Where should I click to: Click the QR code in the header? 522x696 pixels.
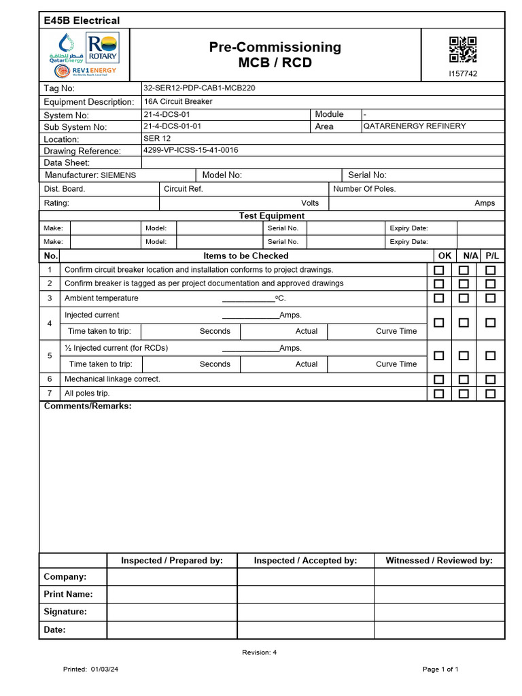click(x=463, y=50)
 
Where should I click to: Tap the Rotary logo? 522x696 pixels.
click(x=104, y=48)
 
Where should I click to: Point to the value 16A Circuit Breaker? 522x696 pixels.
click(x=177, y=101)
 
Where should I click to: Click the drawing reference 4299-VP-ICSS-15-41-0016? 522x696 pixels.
click(x=190, y=150)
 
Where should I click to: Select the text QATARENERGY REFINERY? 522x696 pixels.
click(x=415, y=126)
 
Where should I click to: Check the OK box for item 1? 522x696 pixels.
click(x=439, y=271)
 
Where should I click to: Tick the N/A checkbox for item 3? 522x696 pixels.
click(x=464, y=298)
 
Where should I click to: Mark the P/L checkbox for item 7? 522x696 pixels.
click(x=490, y=394)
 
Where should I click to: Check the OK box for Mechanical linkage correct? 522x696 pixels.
click(x=439, y=379)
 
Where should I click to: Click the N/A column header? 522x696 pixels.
click(x=470, y=256)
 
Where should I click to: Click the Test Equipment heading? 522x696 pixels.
click(x=271, y=215)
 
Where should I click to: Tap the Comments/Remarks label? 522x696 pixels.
click(x=88, y=406)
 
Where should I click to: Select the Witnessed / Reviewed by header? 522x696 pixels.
click(x=439, y=561)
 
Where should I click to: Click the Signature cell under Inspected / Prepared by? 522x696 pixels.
click(x=172, y=612)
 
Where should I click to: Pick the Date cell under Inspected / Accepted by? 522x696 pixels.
click(x=305, y=630)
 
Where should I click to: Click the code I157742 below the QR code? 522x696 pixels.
click(x=463, y=73)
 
